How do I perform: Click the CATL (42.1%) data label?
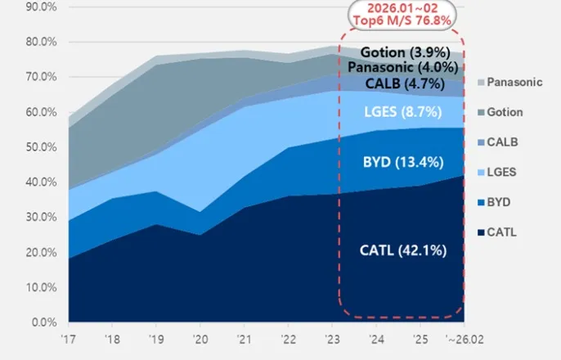403,250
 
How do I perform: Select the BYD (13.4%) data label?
403,162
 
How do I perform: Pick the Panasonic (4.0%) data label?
403,67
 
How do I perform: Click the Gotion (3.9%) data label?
403,52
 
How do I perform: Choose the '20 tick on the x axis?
200,339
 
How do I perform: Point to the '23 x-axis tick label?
332,339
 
